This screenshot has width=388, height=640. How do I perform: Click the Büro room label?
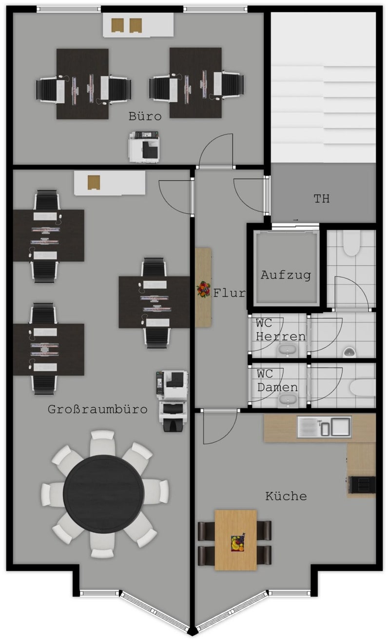point(145,116)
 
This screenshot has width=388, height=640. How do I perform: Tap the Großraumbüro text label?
point(97,409)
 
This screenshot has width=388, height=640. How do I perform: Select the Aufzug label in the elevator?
point(286,275)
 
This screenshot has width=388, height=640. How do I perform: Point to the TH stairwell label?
point(321,199)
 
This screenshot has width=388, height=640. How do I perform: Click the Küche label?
point(286,496)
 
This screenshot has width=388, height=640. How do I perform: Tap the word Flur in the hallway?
point(230,293)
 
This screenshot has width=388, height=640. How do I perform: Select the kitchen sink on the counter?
point(324,427)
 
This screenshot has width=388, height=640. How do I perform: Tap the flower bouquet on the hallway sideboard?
point(203,289)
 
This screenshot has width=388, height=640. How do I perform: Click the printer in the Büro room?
point(144,147)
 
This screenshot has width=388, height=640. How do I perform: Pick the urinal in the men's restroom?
point(349,352)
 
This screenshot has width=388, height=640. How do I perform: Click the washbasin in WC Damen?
point(288,400)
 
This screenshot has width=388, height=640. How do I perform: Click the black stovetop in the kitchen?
point(361,485)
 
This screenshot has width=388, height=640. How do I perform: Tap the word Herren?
point(281,337)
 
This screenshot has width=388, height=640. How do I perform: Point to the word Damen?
point(277,387)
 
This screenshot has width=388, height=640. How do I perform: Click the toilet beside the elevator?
point(351,243)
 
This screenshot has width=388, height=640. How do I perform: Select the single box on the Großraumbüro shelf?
point(94,183)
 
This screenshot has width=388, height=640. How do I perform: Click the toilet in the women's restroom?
point(363,388)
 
